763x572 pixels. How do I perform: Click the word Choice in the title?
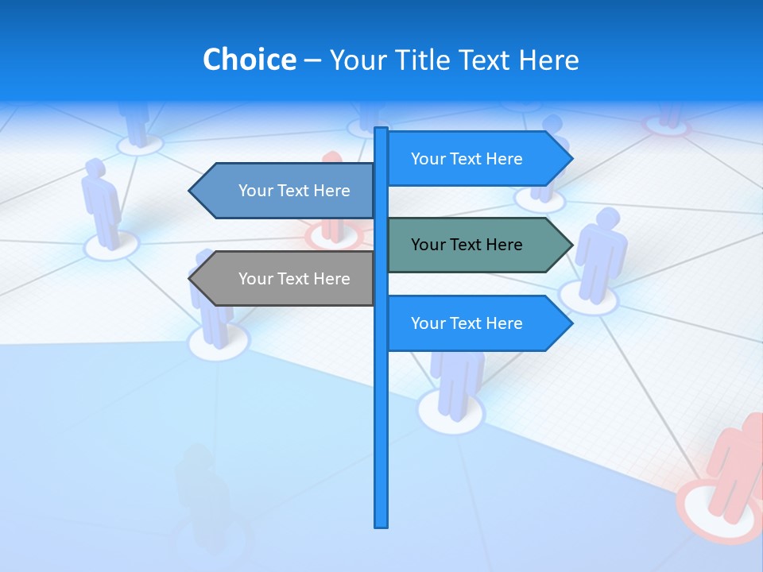pyautogui.click(x=249, y=60)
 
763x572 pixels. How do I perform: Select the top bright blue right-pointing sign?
pyautogui.click(x=477, y=159)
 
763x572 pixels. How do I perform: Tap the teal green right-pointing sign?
pyautogui.click(x=477, y=245)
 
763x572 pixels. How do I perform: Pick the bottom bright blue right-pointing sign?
pyautogui.click(x=477, y=323)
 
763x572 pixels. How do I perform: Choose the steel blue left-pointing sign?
pyautogui.click(x=286, y=191)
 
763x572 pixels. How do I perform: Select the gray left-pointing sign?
pyautogui.click(x=286, y=279)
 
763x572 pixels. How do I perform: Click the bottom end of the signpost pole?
pyautogui.click(x=381, y=524)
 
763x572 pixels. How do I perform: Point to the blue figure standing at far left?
pyautogui.click(x=102, y=203)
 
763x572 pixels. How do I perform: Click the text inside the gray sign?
pyautogui.click(x=294, y=279)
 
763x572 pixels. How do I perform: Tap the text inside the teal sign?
pyautogui.click(x=467, y=245)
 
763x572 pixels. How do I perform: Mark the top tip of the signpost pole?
pyautogui.click(x=381, y=129)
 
